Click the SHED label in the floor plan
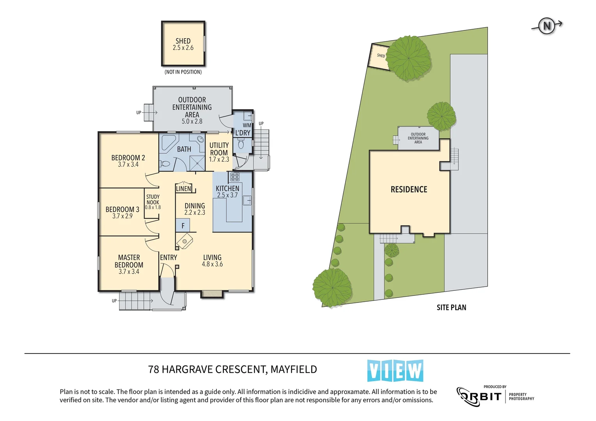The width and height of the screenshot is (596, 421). coord(183,41)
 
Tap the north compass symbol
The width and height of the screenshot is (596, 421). coord(546,26)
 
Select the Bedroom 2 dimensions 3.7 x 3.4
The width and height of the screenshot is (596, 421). coord(128,165)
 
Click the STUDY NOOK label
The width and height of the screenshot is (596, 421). coord(153,200)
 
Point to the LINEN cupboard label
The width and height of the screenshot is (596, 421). coord(183,189)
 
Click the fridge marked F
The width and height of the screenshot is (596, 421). coord(183,226)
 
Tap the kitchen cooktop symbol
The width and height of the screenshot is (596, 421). coord(234,177)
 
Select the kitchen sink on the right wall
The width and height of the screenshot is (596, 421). coord(247,200)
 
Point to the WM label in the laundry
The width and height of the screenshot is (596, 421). coord(247,126)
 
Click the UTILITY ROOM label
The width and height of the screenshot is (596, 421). coord(219,149)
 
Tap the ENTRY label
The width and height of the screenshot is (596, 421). coord(169,258)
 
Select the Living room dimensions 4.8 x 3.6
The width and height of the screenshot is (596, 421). coord(212,264)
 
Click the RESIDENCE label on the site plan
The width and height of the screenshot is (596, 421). coord(409,189)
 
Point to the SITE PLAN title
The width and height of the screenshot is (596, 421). coord(451,308)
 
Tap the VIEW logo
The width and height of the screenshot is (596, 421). coord(395,371)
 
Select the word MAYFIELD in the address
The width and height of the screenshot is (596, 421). coord(294,369)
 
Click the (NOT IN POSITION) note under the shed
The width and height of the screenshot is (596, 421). coord(183,72)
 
